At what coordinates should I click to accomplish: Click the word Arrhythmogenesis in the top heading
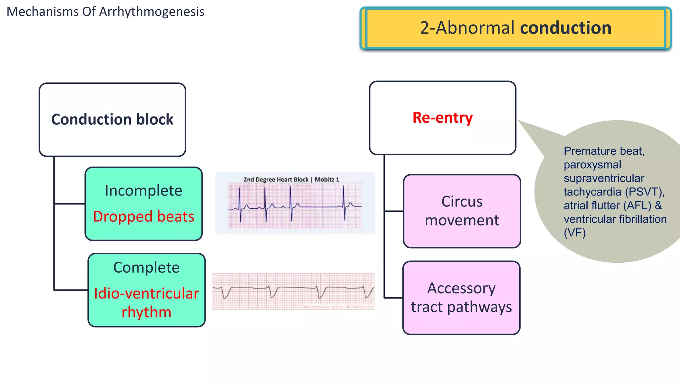pyautogui.click(x=152, y=12)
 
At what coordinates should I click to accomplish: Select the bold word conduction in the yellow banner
pyautogui.click(x=565, y=28)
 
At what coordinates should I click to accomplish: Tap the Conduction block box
pyautogui.click(x=112, y=120)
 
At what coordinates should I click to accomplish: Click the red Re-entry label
pyautogui.click(x=442, y=118)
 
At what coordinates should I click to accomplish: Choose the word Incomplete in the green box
pyautogui.click(x=143, y=191)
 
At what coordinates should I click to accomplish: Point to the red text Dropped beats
pyautogui.click(x=143, y=216)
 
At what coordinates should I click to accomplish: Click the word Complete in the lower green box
pyautogui.click(x=146, y=268)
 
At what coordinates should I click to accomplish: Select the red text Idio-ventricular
pyautogui.click(x=146, y=294)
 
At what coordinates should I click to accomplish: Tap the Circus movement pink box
pyautogui.click(x=462, y=211)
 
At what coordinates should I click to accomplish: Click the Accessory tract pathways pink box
pyautogui.click(x=461, y=298)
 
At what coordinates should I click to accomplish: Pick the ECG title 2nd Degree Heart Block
pyautogui.click(x=276, y=180)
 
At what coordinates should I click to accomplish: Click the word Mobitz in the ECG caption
pyautogui.click(x=324, y=180)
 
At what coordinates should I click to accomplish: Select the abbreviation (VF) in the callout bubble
pyautogui.click(x=575, y=233)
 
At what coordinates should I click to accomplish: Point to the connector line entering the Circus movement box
pyautogui.click(x=394, y=211)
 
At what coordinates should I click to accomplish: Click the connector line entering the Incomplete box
pyautogui.click(x=69, y=203)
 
